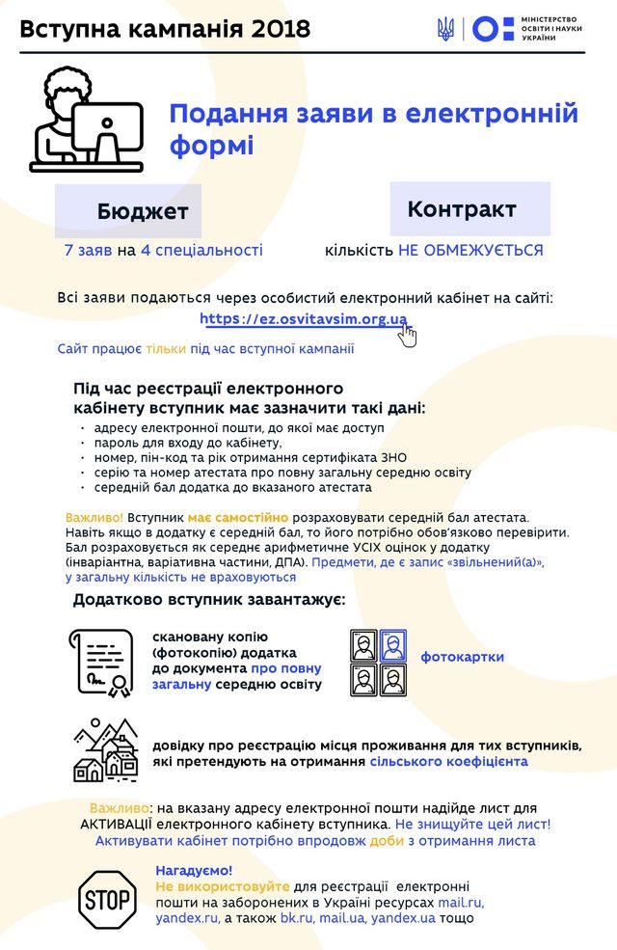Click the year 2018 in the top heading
point(280,29)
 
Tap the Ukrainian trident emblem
point(444,29)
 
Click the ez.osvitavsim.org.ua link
point(304,319)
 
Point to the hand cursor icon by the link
point(408,335)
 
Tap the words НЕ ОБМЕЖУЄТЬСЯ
point(470,251)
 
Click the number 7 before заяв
point(68,251)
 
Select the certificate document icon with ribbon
point(101,663)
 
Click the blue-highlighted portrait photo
point(392,645)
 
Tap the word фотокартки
point(462,658)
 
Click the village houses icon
point(106,750)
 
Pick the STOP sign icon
point(106,899)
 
